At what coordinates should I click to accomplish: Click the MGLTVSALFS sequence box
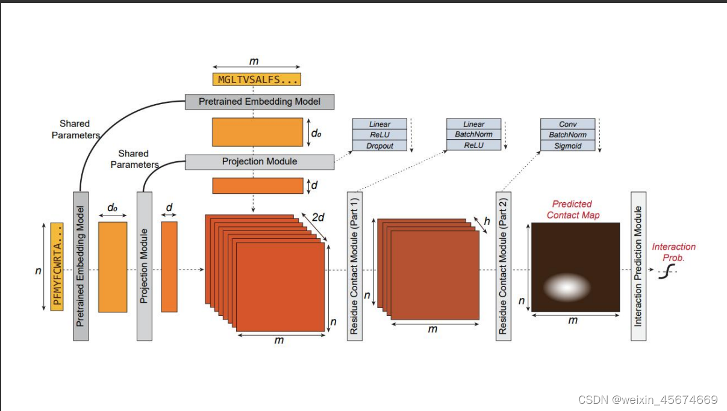pyautogui.click(x=257, y=79)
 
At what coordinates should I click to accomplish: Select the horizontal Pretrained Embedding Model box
pyautogui.click(x=260, y=101)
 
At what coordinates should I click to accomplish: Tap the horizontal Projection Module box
pyautogui.click(x=260, y=161)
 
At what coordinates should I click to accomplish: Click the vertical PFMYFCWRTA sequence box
pyautogui.click(x=57, y=267)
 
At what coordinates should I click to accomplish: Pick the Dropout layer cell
pyautogui.click(x=380, y=146)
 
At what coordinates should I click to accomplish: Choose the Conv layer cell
pyautogui.click(x=567, y=124)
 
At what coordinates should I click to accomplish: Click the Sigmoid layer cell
pyautogui.click(x=567, y=146)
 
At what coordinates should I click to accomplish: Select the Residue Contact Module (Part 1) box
pyautogui.click(x=354, y=266)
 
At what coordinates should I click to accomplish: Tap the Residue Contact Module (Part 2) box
pyautogui.click(x=503, y=266)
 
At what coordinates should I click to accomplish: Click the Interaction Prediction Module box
pyautogui.click(x=638, y=266)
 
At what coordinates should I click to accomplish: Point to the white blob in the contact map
pyautogui.click(x=567, y=288)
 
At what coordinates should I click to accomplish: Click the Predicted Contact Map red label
pyautogui.click(x=572, y=209)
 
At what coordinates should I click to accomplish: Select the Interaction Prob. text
pyautogui.click(x=673, y=252)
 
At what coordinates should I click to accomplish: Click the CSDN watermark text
pyautogui.click(x=647, y=400)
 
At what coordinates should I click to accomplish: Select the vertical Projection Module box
pyautogui.click(x=145, y=266)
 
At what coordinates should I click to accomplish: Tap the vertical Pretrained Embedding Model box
pyautogui.click(x=81, y=266)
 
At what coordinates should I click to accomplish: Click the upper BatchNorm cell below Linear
pyautogui.click(x=473, y=135)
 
